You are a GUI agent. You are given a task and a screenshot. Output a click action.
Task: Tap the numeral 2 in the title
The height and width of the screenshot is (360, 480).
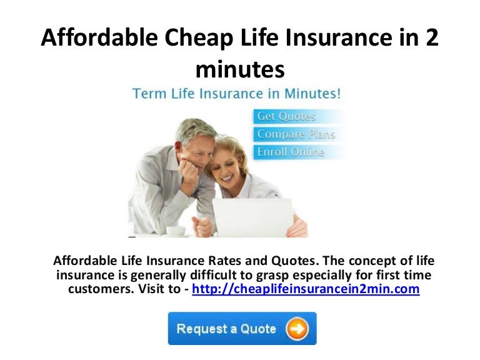(x=432, y=39)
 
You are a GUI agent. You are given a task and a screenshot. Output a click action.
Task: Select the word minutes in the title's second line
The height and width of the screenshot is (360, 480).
(x=240, y=69)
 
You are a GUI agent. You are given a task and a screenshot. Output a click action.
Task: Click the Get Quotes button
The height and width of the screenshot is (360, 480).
(x=287, y=116)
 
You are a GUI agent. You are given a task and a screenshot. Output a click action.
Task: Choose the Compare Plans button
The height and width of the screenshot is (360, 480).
(x=296, y=134)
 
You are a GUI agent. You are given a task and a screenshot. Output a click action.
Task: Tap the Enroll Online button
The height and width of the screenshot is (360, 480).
(x=291, y=152)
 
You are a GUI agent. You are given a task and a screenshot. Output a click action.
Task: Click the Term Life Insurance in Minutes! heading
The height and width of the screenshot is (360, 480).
(x=236, y=94)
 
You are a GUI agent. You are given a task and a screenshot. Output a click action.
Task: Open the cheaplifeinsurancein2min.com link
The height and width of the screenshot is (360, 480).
(x=306, y=290)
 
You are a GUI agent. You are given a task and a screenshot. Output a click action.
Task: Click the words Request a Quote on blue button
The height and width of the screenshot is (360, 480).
(x=226, y=328)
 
